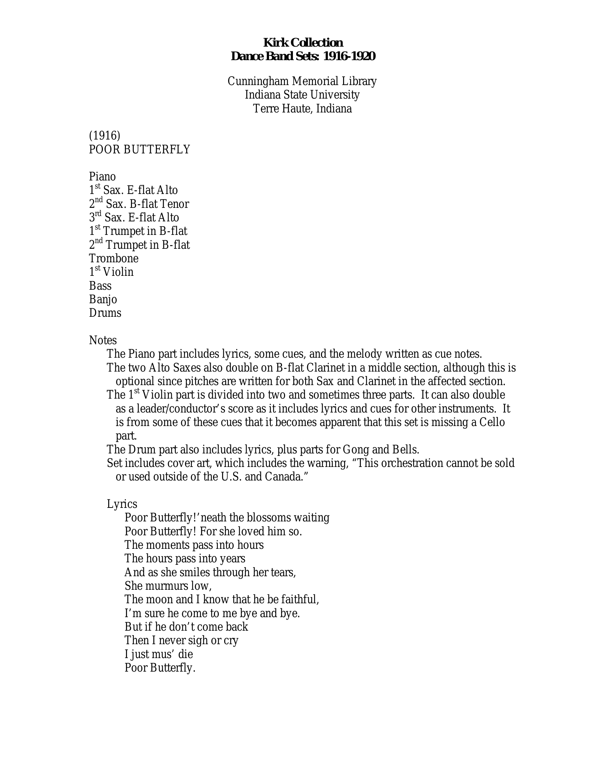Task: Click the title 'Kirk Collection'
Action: click(x=303, y=43)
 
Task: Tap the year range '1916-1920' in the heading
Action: click(x=349, y=56)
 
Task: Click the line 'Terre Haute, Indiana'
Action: click(x=302, y=108)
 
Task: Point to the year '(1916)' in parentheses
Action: click(x=105, y=136)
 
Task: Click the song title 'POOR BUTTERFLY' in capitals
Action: click(x=140, y=149)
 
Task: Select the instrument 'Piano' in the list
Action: click(x=102, y=177)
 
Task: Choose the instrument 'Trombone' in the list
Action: click(x=114, y=258)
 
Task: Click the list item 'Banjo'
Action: click(x=103, y=299)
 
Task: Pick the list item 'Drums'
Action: click(x=105, y=313)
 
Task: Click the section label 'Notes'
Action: click(x=103, y=340)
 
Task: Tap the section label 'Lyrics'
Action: click(x=122, y=504)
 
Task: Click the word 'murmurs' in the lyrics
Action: click(x=166, y=586)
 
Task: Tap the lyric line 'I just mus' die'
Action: click(x=158, y=654)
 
